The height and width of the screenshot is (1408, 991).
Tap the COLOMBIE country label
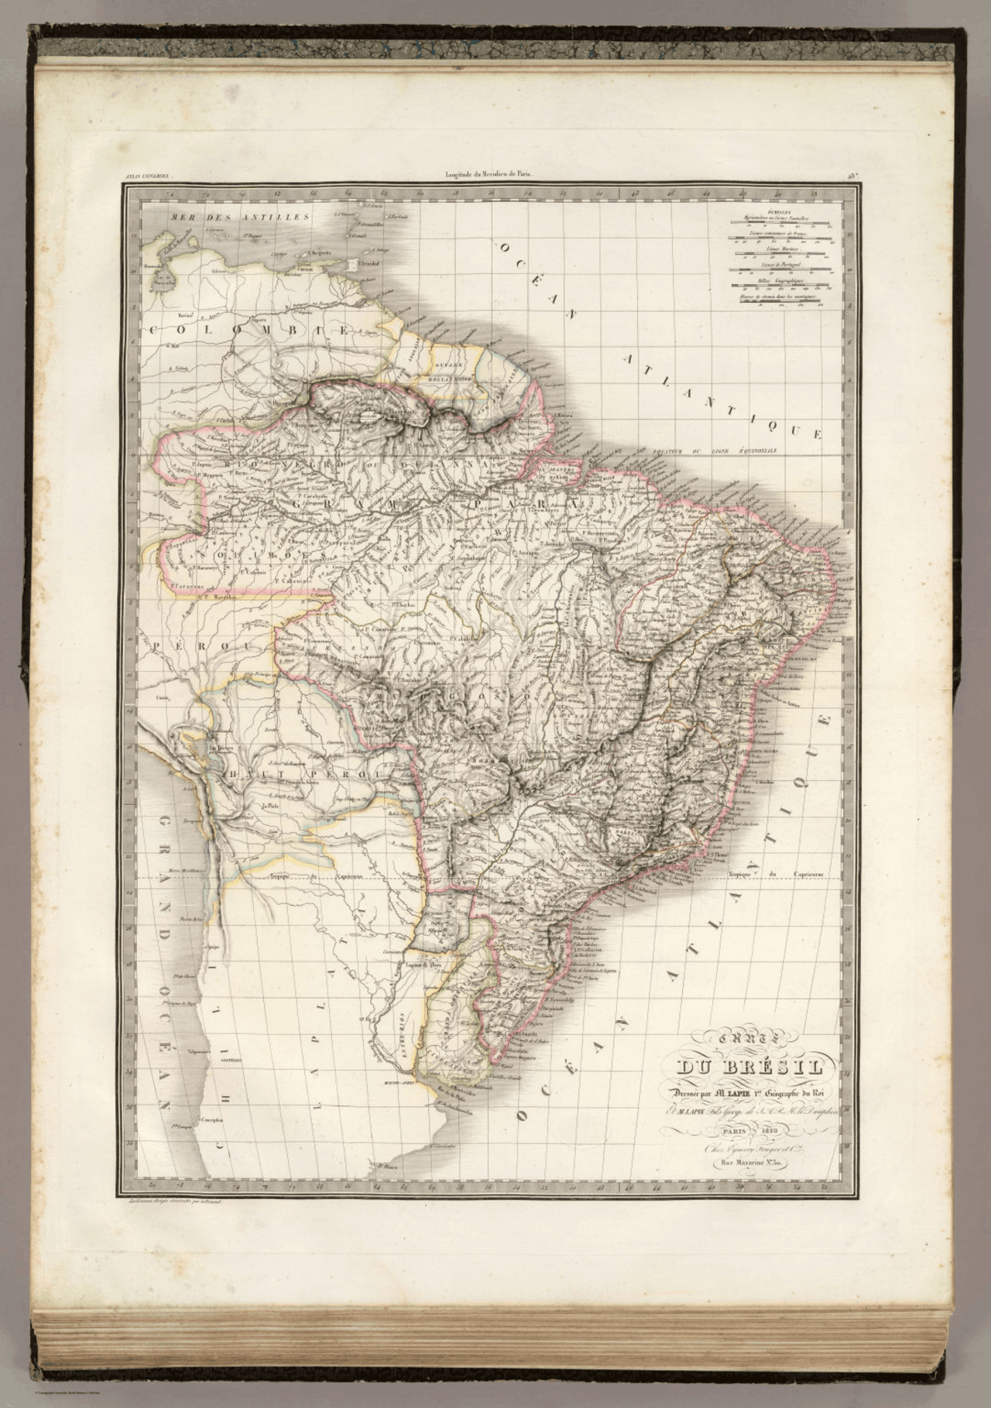click(x=248, y=331)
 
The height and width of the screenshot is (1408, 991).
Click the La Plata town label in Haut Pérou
click(x=270, y=807)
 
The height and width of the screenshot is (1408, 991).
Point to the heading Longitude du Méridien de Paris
click(x=485, y=175)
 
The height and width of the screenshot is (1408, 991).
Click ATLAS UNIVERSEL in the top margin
click(x=146, y=176)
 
